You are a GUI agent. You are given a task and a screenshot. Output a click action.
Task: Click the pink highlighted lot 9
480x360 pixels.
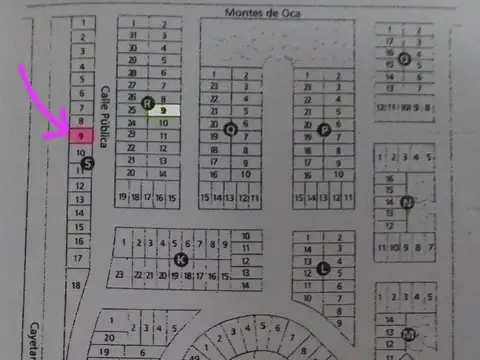click(80, 134)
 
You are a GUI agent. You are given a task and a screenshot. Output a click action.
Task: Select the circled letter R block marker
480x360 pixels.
click(147, 102)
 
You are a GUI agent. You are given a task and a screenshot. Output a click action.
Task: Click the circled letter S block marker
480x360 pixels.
click(87, 163)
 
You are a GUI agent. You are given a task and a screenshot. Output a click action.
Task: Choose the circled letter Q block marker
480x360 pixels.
click(231, 128)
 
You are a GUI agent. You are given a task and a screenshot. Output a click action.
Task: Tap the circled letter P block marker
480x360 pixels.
click(323, 129)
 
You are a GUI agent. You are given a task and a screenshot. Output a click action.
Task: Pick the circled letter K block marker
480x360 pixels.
click(180, 259)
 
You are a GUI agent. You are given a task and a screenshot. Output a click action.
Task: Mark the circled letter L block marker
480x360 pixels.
click(323, 267)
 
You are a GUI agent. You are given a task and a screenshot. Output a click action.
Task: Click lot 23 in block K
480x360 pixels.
click(119, 273)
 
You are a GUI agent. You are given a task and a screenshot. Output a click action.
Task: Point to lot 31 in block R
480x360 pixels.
click(133, 34)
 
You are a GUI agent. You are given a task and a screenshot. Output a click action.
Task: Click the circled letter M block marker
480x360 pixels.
click(408, 333)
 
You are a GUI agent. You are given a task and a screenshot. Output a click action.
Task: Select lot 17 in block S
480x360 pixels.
click(79, 256)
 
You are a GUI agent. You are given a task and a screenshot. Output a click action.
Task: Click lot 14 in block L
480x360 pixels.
click(307, 250)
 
